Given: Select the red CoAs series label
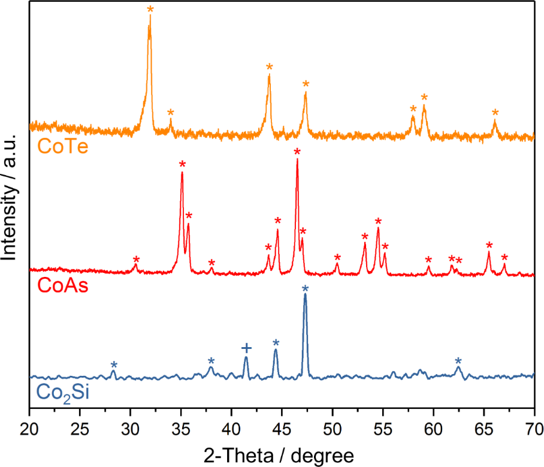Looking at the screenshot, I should pyautogui.click(x=62, y=285).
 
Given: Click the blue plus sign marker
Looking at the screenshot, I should pyautogui.click(x=246, y=348).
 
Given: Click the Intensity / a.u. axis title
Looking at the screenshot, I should pyautogui.click(x=11, y=197).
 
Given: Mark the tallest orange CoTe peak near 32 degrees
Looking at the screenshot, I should pyautogui.click(x=150, y=18).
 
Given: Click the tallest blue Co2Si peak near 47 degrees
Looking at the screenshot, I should pyautogui.click(x=305, y=296).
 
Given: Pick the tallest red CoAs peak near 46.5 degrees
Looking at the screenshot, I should pyautogui.click(x=297, y=161).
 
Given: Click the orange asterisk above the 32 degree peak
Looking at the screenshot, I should pyautogui.click(x=150, y=9).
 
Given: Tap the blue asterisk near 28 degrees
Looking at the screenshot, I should pyautogui.click(x=114, y=365).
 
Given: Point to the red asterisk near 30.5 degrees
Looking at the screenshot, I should pyautogui.click(x=136, y=260).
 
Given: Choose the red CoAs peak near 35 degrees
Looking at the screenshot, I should pyautogui.click(x=182, y=174).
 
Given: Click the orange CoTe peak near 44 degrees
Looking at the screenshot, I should pyautogui.click(x=269, y=76).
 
